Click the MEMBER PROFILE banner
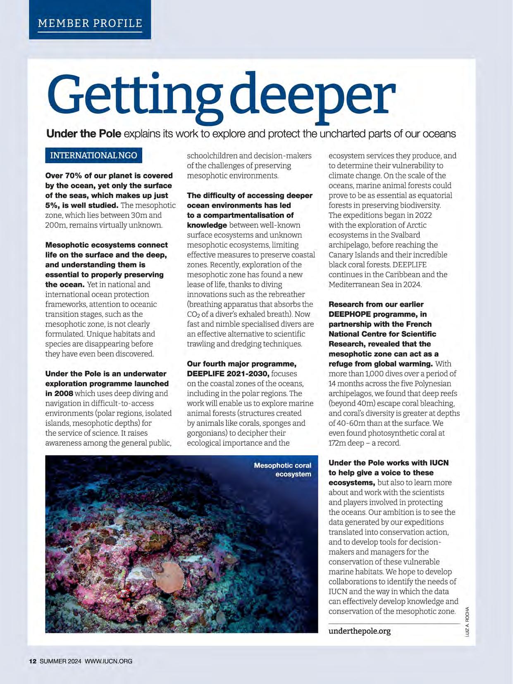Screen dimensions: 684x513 point(90,23)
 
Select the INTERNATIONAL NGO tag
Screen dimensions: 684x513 point(93,156)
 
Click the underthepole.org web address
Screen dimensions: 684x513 point(359,631)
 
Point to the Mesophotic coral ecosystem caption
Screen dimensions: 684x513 point(283,470)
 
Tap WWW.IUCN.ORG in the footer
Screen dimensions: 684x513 point(109,661)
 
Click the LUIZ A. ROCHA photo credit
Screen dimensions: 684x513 point(467,622)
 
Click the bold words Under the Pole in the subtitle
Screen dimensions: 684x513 point(84,134)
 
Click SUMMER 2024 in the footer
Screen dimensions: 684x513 point(61,661)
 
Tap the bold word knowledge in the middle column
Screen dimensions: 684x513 point(207,225)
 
